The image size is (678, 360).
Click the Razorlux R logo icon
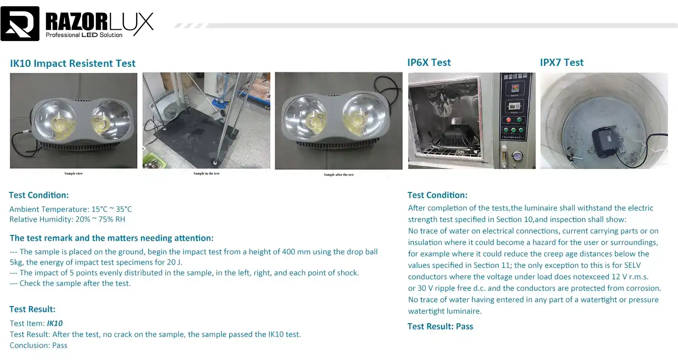(x=20, y=23)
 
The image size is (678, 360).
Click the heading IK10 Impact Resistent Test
(x=73, y=64)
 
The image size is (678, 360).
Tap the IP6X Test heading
(x=429, y=63)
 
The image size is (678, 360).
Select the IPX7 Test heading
(x=561, y=63)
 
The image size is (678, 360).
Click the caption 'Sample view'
(x=74, y=173)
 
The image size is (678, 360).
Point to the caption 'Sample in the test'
(x=206, y=173)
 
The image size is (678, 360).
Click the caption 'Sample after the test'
(x=339, y=175)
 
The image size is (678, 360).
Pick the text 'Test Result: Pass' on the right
(x=440, y=327)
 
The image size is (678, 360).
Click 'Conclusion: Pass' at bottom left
(x=38, y=345)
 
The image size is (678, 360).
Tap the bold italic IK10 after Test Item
(x=54, y=323)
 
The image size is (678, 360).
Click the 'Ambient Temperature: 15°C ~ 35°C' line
(x=71, y=209)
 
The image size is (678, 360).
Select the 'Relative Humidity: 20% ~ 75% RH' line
(x=67, y=220)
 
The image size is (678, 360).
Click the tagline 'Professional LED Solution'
(x=84, y=35)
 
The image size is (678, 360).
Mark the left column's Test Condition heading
(x=39, y=195)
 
